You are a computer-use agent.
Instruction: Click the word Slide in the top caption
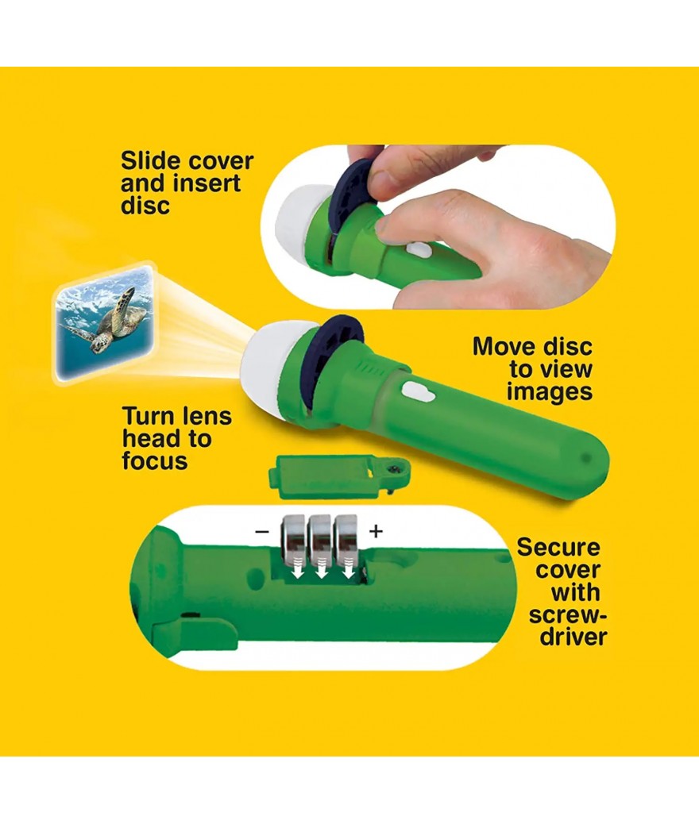click(x=150, y=161)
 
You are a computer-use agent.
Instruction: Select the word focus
click(x=155, y=461)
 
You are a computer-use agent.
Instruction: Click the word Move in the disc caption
click(x=502, y=347)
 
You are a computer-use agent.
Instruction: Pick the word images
click(x=550, y=392)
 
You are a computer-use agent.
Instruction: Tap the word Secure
click(x=558, y=548)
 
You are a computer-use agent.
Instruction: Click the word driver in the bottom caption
click(x=573, y=637)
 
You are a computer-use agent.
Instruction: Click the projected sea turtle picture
click(x=105, y=322)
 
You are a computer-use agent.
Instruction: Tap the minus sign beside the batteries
click(x=261, y=531)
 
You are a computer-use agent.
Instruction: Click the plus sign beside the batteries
click(x=376, y=531)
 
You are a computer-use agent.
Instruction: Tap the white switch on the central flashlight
click(x=419, y=392)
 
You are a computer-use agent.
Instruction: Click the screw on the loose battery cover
click(x=392, y=468)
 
